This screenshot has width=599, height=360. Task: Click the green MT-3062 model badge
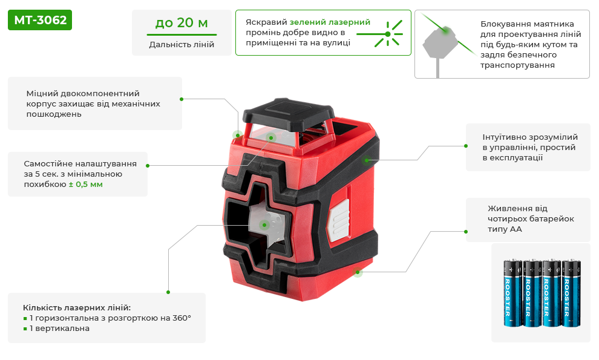[40, 20]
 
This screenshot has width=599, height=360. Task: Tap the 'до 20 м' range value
[182, 23]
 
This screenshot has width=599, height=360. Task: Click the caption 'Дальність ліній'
[182, 44]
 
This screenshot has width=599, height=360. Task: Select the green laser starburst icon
[388, 34]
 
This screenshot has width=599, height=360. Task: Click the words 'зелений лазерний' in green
[330, 22]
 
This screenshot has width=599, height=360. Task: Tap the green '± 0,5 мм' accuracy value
[85, 184]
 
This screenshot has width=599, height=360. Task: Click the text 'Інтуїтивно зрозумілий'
[530, 137]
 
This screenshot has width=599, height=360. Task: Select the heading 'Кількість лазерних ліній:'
[77, 307]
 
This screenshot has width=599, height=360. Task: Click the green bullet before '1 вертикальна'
[25, 329]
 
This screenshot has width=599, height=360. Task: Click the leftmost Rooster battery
[512, 293]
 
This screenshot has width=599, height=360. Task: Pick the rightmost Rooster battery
[571, 293]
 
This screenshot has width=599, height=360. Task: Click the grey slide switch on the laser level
[338, 220]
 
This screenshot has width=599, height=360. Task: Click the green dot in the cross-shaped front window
[264, 225]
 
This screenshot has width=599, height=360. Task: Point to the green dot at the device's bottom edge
[358, 272]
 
